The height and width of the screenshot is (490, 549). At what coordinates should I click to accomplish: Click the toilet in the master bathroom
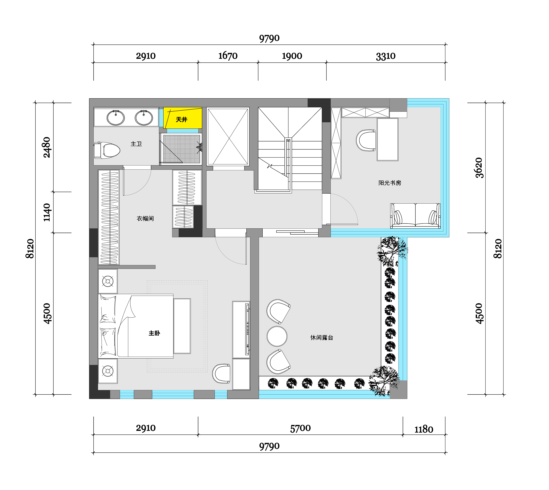coord(107,150)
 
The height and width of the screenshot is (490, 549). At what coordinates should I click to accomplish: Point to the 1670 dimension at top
coord(228,56)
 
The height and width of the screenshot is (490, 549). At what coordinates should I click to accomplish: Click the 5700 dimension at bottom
coord(300,428)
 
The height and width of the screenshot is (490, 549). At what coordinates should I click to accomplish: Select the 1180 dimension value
coord(424,429)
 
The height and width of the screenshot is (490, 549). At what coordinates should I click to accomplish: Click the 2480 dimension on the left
coord(47,147)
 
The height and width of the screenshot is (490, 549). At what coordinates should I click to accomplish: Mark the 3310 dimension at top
coord(386,56)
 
